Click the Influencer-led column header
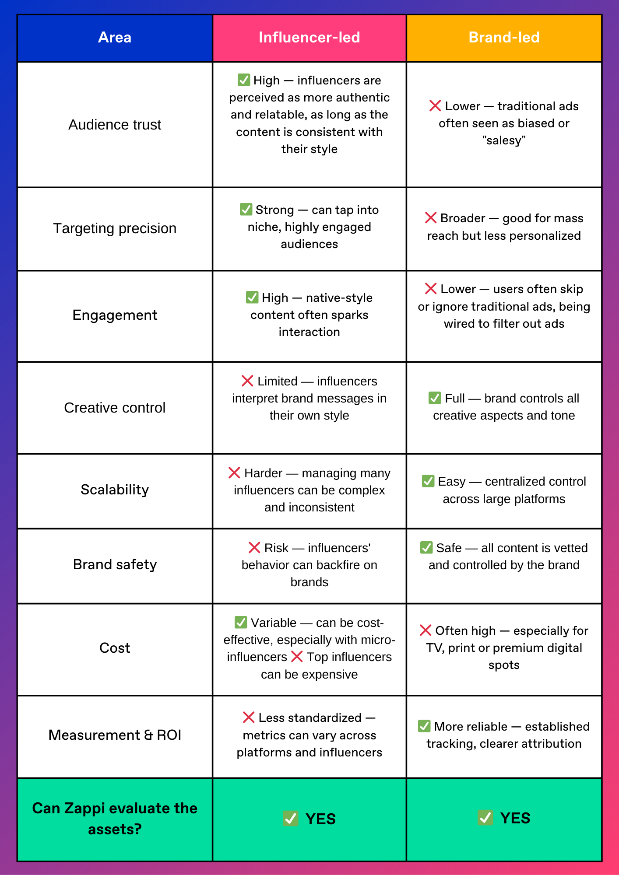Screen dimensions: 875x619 309,38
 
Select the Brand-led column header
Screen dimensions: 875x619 504,38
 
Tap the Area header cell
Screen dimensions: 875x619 115,38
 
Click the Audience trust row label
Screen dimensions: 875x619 115,125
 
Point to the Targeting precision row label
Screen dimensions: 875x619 115,228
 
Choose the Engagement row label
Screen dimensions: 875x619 115,315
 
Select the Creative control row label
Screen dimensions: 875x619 115,408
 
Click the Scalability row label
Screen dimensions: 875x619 115,490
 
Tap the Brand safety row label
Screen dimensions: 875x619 115,564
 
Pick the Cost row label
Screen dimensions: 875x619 115,648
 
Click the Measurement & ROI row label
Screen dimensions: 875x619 115,735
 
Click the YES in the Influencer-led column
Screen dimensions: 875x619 320,819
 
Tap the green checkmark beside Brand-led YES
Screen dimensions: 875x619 485,817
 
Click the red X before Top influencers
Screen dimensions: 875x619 297,657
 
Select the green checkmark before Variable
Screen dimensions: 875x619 241,622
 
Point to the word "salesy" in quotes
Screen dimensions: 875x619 504,140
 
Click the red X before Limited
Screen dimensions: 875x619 247,381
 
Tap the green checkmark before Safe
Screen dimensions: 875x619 426,547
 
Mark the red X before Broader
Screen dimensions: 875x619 431,218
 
